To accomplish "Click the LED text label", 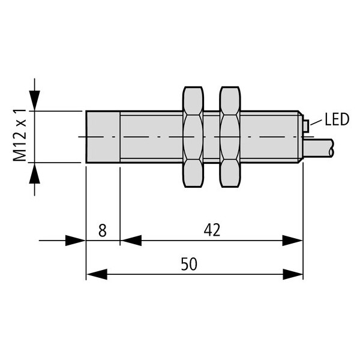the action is [337, 119].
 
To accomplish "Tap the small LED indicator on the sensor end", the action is [305, 126].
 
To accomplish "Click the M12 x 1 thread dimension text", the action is [20, 136].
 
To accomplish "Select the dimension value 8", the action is [103, 230].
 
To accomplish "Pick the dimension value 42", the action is [212, 230].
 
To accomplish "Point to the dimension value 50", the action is [189, 264].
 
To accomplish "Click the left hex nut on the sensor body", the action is [193, 137].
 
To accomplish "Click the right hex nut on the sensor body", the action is [230, 137].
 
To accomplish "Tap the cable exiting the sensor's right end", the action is [319, 148].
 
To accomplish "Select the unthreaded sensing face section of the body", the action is [103, 137].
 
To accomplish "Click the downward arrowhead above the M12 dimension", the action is [34, 100].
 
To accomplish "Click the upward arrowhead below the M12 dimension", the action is [34, 173].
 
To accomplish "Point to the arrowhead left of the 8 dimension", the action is [76, 241].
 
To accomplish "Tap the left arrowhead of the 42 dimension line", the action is [131, 241].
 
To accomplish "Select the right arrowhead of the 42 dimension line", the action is [293, 241].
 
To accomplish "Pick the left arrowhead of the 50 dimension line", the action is [97, 274].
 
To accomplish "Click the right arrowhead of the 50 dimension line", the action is [293, 274].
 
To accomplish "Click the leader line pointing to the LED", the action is [317, 122].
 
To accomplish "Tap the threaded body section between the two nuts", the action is [211, 137].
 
